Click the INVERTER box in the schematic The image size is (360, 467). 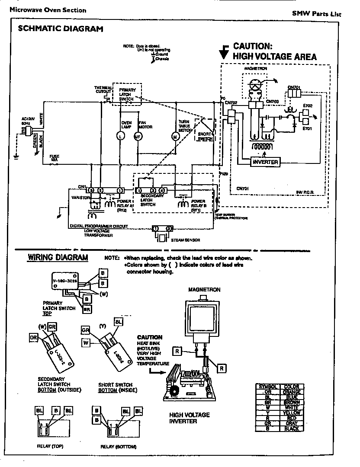pos(265,162)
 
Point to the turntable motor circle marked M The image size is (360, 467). pos(176,137)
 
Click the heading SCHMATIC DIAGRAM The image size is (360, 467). pos(60,29)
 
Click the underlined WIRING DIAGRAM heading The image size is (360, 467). pos(58,258)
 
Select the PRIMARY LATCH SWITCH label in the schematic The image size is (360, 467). pos(127,95)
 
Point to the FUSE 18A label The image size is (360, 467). pos(55,157)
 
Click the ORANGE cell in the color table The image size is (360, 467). pos(291,392)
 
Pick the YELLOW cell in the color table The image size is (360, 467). pos(291,413)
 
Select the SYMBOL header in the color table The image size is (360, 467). pos(268,386)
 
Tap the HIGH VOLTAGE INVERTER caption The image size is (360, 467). pos(189,418)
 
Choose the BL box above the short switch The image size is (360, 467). pos(118,321)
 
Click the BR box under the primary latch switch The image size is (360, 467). pos(87,310)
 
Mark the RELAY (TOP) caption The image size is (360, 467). pos(50,447)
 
